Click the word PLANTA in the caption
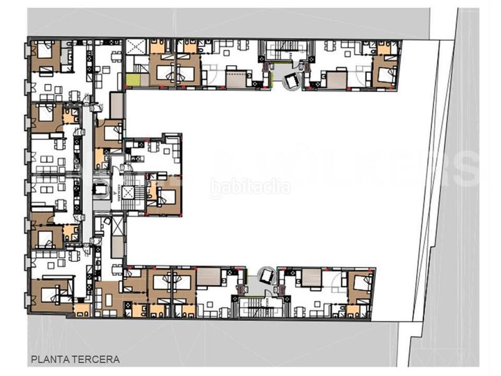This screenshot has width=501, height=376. coord(49,360)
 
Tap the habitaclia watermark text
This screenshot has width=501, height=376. coord(250,186)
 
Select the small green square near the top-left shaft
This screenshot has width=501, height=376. coord(133,81)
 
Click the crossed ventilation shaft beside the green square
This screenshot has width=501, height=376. coord(135,46)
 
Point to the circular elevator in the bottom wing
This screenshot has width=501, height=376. coord(267,276)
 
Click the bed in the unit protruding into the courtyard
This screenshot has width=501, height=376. coord(164,194)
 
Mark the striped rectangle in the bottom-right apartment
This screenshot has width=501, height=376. coord(311,275)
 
